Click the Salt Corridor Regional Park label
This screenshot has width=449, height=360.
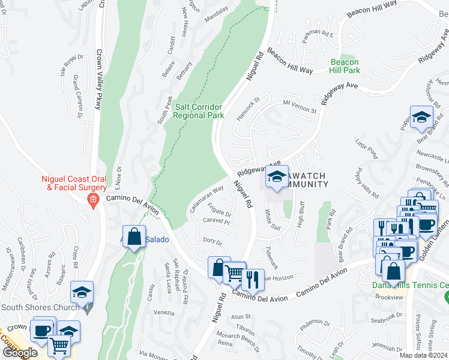click(x=199, y=111)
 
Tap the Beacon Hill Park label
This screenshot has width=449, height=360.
click(x=345, y=66)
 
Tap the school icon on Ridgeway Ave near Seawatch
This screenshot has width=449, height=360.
click(x=277, y=177)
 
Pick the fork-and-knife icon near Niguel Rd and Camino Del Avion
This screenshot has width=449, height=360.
click(x=253, y=279)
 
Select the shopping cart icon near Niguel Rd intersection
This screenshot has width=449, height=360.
click(x=234, y=274)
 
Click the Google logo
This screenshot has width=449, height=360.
click(x=19, y=353)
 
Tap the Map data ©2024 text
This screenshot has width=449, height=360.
click(x=423, y=355)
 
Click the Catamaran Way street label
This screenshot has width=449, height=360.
click(x=206, y=199)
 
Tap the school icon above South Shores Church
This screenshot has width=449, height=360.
click(x=82, y=292)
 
